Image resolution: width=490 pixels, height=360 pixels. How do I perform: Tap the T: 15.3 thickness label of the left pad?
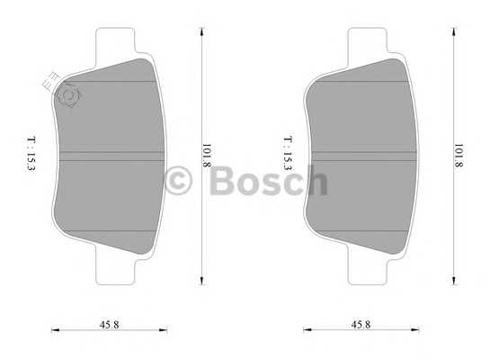[x=31, y=153]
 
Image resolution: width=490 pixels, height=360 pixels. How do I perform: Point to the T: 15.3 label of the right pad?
[x=288, y=153]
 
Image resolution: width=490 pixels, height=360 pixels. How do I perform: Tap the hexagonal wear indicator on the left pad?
[x=69, y=94]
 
